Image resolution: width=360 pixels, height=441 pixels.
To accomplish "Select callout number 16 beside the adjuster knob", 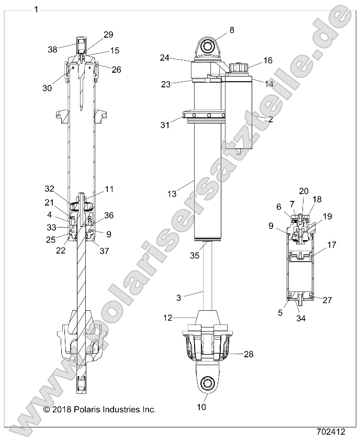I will (267, 61).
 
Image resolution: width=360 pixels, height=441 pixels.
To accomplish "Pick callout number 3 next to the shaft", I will (178, 298).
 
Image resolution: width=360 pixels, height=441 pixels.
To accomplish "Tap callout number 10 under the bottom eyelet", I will (201, 406).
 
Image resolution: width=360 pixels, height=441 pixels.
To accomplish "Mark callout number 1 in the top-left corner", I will (36, 9).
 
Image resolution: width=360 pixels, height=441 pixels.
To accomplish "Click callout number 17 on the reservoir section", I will (332, 244).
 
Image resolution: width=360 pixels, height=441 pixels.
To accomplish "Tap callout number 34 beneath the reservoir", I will (301, 317).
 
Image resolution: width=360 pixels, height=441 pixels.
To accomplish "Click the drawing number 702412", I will (331, 432).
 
